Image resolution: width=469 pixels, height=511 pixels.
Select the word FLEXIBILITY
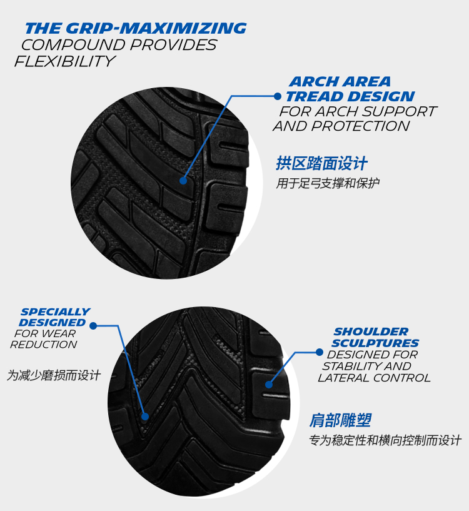click(65, 61)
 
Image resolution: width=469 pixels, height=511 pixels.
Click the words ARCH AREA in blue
click(340, 82)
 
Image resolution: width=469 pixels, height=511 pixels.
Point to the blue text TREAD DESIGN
click(350, 97)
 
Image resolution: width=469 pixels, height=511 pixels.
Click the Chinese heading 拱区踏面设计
click(321, 164)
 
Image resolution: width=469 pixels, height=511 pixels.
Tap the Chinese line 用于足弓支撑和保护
click(328, 183)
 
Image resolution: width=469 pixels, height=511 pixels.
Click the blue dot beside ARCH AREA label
click(278, 96)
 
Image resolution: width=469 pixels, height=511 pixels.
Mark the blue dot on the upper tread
click(183, 181)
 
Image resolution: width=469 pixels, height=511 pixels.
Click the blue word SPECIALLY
click(55, 311)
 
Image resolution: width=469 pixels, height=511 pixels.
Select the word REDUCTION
click(44, 345)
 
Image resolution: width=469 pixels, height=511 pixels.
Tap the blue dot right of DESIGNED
click(93, 325)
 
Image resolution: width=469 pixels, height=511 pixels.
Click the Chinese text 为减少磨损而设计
click(54, 375)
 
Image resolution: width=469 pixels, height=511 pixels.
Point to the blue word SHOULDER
click(371, 331)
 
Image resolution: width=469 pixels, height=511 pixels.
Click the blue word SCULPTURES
click(375, 343)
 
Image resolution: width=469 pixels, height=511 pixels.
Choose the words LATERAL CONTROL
click(374, 378)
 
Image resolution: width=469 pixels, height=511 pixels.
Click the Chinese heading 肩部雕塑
click(340, 420)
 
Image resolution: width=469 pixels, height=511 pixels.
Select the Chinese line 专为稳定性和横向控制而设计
click(385, 440)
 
